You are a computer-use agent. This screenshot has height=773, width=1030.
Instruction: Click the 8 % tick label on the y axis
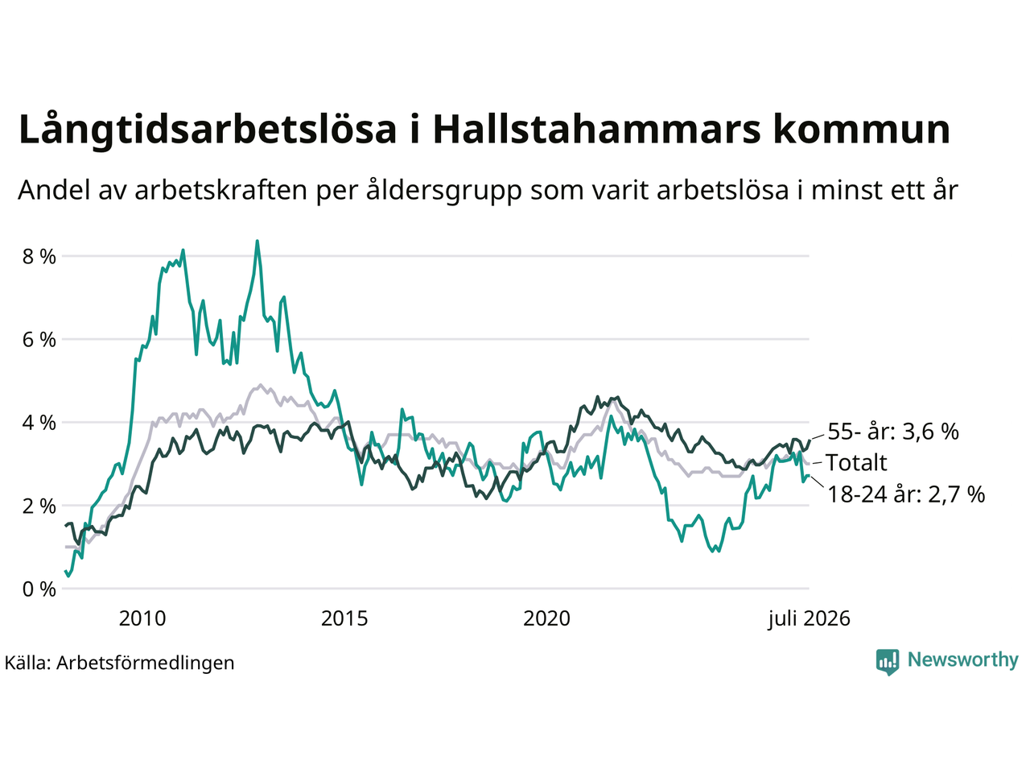pos(39,257)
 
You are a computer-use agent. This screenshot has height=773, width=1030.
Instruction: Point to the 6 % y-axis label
pos(39,340)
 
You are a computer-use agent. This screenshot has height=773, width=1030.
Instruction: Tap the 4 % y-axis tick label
pos(39,423)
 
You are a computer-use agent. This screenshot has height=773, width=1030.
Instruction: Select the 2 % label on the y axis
pos(39,506)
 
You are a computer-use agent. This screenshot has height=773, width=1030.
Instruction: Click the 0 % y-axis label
pos(39,589)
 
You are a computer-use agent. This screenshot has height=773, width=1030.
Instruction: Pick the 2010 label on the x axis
pos(142,618)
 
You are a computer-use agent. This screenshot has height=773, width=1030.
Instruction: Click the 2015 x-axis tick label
pos(344,618)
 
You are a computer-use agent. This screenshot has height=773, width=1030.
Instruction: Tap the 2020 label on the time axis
pos(546,618)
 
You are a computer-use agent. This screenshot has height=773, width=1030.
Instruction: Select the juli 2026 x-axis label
pos(809,618)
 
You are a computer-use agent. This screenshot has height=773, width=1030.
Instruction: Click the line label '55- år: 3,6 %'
pos(893,432)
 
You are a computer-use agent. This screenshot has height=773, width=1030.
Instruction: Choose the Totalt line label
pos(856,463)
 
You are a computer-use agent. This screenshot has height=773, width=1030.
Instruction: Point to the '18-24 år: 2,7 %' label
pos(906,494)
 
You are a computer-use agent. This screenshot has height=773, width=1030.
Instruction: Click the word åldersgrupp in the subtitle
pos(444,191)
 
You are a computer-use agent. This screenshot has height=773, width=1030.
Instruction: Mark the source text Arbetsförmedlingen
pos(146,663)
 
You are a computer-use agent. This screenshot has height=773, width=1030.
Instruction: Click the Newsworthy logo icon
pos(888,662)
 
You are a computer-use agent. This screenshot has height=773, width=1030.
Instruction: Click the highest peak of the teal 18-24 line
pos(257,242)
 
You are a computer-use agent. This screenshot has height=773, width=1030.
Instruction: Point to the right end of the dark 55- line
pos(810,440)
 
